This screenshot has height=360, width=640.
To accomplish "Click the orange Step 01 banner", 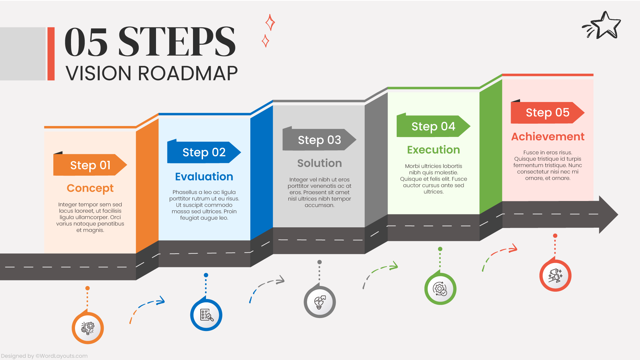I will [x=90, y=165].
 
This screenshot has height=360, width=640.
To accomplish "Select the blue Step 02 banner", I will [x=204, y=152].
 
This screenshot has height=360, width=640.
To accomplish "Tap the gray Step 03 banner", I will [x=319, y=140].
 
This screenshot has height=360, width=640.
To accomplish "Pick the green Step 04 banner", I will [x=433, y=126].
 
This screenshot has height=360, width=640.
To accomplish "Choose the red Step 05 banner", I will [x=547, y=113].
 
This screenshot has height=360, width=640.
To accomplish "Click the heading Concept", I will [x=90, y=188].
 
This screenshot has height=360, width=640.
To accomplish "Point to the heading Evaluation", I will [x=204, y=176].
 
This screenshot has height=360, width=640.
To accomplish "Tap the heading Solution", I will [x=319, y=163].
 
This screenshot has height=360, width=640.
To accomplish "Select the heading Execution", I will [x=433, y=150].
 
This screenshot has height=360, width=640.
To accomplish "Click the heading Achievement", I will [x=548, y=136].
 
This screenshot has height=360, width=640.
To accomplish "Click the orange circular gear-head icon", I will [x=88, y=328].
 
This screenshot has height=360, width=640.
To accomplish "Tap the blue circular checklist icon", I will [x=206, y=315].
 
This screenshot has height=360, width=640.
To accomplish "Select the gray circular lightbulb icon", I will [x=320, y=302].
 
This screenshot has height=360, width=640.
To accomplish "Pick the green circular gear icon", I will [x=440, y=289].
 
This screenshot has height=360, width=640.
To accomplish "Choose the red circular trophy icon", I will [x=555, y=276].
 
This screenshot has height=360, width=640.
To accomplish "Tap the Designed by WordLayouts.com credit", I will [x=44, y=356].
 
